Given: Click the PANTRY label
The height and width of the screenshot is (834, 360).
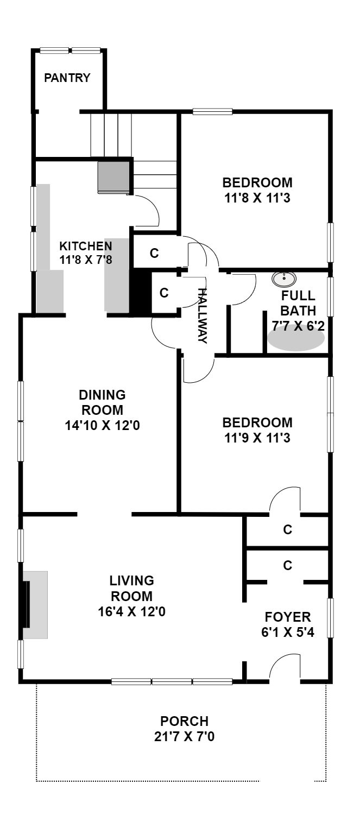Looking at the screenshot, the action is tap(67, 78).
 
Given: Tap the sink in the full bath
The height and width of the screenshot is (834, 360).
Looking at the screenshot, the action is tap(284, 279).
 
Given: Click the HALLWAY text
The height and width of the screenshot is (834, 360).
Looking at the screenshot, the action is tap(201, 315).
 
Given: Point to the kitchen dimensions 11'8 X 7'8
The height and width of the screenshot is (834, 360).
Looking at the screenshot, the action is tap(86, 259).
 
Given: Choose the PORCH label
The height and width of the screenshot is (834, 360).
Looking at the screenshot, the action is tap(184, 721).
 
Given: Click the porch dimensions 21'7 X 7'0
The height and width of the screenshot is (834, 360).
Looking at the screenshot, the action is tap(184, 736).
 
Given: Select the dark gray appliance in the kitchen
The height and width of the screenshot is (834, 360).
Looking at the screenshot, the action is tap(113, 178).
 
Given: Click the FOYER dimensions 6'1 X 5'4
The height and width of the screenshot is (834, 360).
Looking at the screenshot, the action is tap(287, 632).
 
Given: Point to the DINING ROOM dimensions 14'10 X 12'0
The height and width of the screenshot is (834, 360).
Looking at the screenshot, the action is tap(103, 425).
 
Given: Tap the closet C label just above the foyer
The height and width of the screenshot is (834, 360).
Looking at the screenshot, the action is tap(287, 565).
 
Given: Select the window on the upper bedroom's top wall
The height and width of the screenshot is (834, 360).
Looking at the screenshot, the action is tap(212, 111).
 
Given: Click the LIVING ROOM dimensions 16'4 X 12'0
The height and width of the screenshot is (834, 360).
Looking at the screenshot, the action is tap(131, 611).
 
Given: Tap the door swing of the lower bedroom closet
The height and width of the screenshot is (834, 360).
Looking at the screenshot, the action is tap(285, 500).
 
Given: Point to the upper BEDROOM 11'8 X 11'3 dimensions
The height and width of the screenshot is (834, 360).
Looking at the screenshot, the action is tap(257, 198).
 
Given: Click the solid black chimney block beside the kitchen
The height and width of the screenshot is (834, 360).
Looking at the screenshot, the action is tap(140, 291).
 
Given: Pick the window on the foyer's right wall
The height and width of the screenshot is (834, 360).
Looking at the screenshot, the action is tap(330, 618).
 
